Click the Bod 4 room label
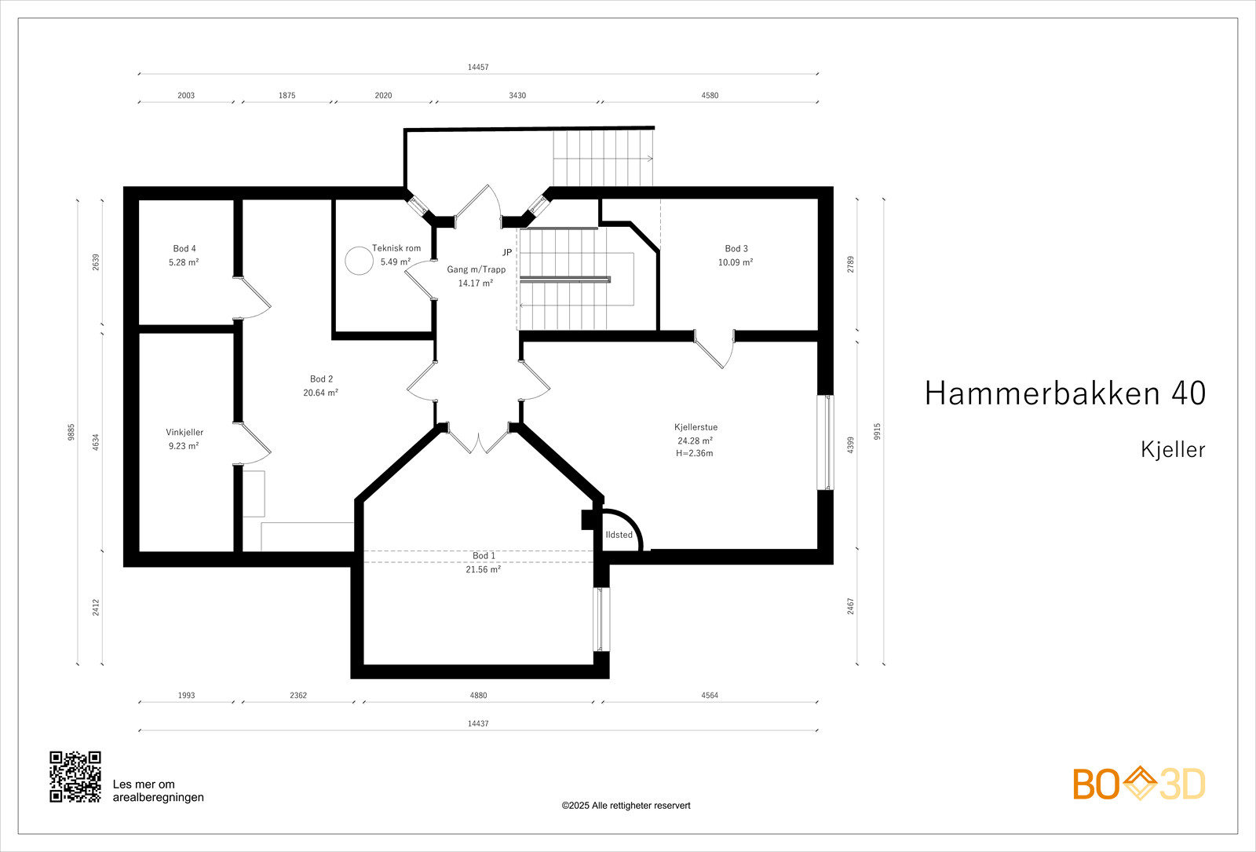(x=184, y=248)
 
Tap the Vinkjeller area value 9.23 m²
(x=184, y=446)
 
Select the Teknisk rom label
(x=396, y=248)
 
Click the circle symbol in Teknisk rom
(x=360, y=261)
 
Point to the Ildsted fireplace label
(x=619, y=535)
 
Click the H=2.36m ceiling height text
(x=695, y=453)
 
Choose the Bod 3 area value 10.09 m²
(x=736, y=262)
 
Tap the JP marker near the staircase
(x=507, y=252)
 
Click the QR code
(x=75, y=777)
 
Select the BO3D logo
(x=1139, y=784)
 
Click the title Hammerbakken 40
(x=1064, y=393)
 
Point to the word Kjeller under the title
(x=1173, y=450)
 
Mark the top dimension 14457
(x=478, y=68)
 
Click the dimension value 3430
(x=517, y=96)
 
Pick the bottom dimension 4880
(x=478, y=696)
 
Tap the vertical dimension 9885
(x=71, y=432)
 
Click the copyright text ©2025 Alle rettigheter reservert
(x=626, y=806)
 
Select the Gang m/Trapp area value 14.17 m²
(x=476, y=283)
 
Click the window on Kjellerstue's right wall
(x=825, y=443)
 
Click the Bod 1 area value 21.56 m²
(x=483, y=570)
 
